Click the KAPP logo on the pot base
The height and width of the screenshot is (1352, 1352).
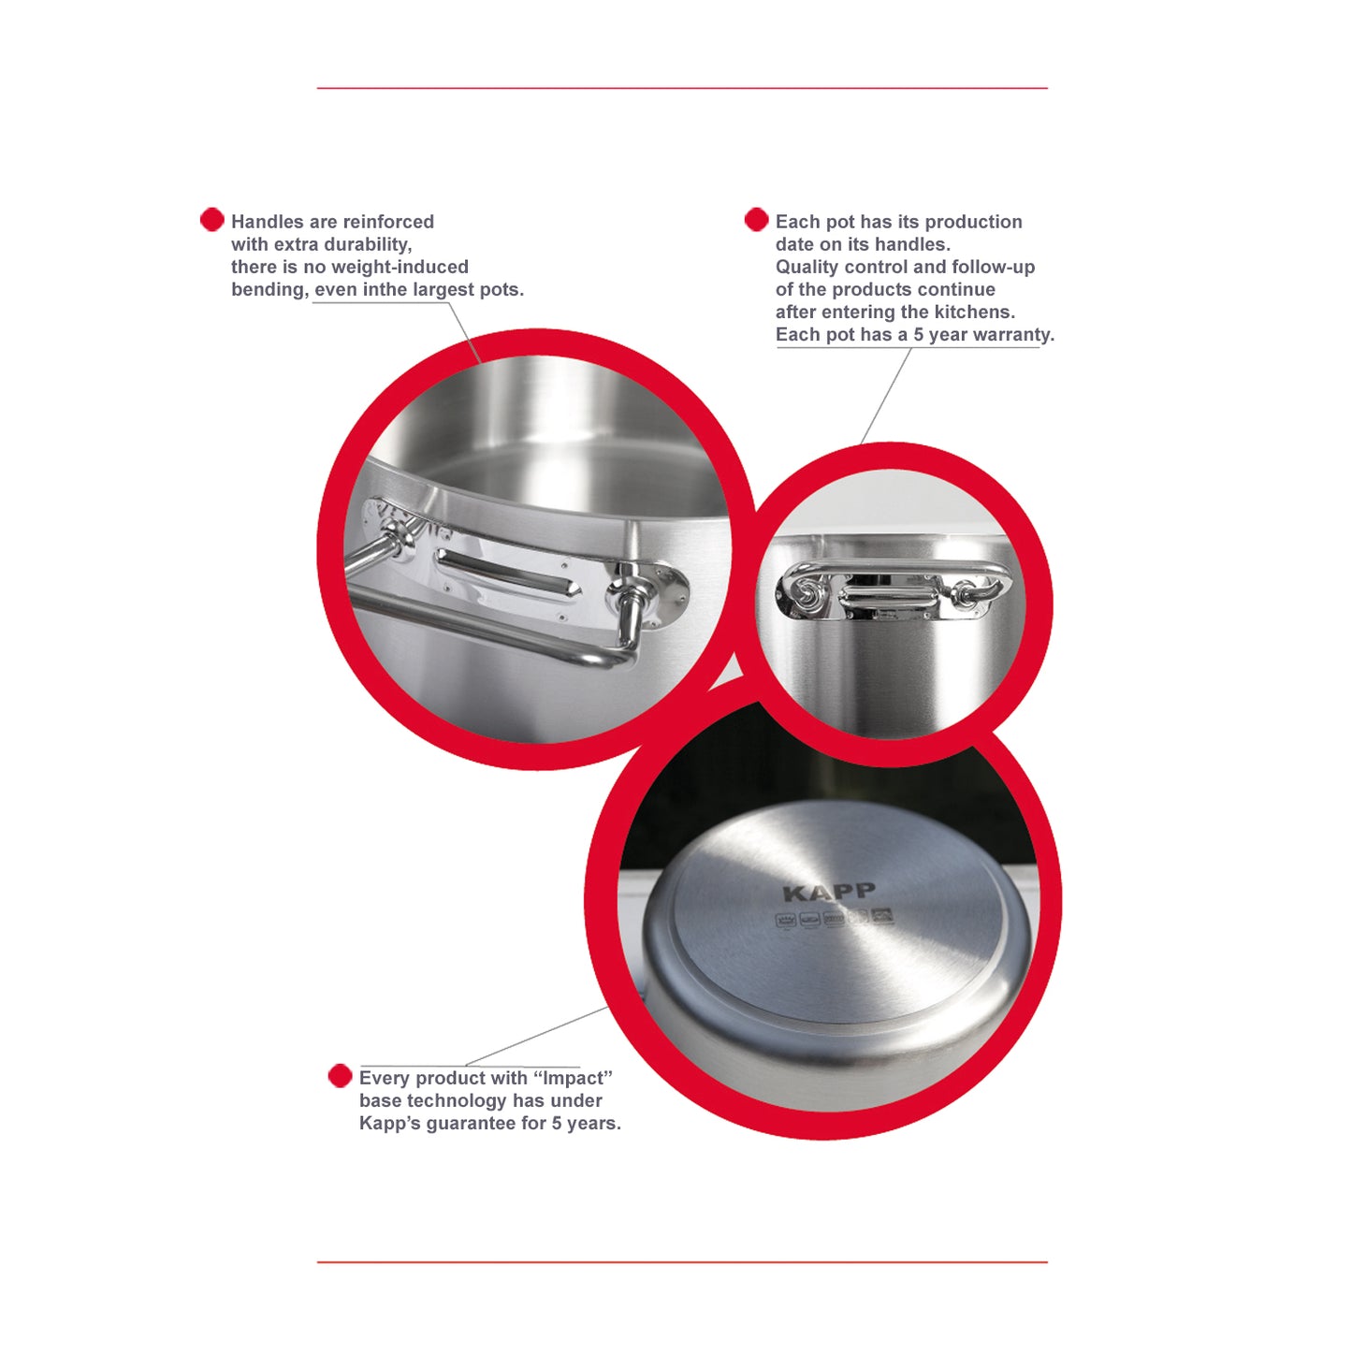coord(829,894)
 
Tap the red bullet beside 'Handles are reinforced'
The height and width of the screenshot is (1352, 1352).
coord(211,220)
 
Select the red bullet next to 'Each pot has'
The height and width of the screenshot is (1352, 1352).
coord(756,220)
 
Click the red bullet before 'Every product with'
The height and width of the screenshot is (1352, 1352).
coord(341,1077)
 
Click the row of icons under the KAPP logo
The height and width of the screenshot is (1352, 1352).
coord(835,918)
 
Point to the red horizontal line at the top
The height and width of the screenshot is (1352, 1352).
coord(682,88)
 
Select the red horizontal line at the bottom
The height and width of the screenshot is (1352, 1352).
coord(682,1262)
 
